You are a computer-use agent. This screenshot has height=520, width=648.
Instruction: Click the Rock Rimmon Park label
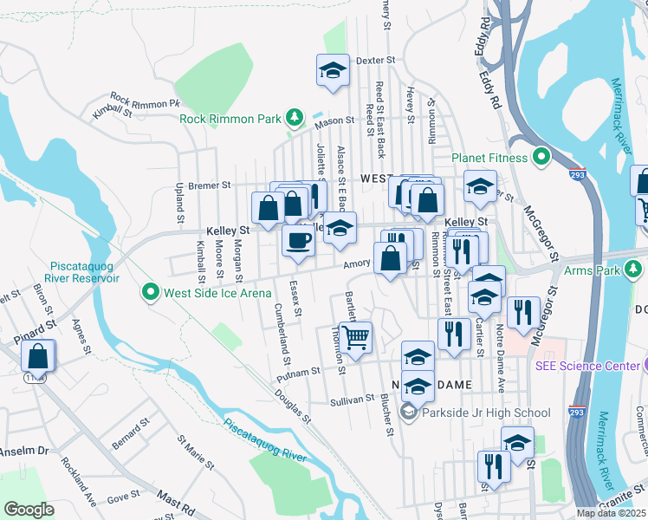click(x=233, y=119)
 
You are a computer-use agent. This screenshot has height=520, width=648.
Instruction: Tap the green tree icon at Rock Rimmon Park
click(x=295, y=116)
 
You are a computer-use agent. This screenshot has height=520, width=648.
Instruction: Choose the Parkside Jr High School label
click(x=485, y=413)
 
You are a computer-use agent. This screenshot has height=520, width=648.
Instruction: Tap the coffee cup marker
click(x=298, y=240)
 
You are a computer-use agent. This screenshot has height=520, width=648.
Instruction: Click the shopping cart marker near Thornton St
click(x=355, y=337)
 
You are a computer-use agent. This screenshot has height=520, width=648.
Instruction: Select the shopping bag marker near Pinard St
click(x=38, y=355)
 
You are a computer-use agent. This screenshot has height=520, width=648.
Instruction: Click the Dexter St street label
click(x=376, y=61)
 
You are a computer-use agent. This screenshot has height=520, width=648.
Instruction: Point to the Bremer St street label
click(x=210, y=185)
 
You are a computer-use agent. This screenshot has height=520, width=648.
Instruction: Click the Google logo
click(x=29, y=510)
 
